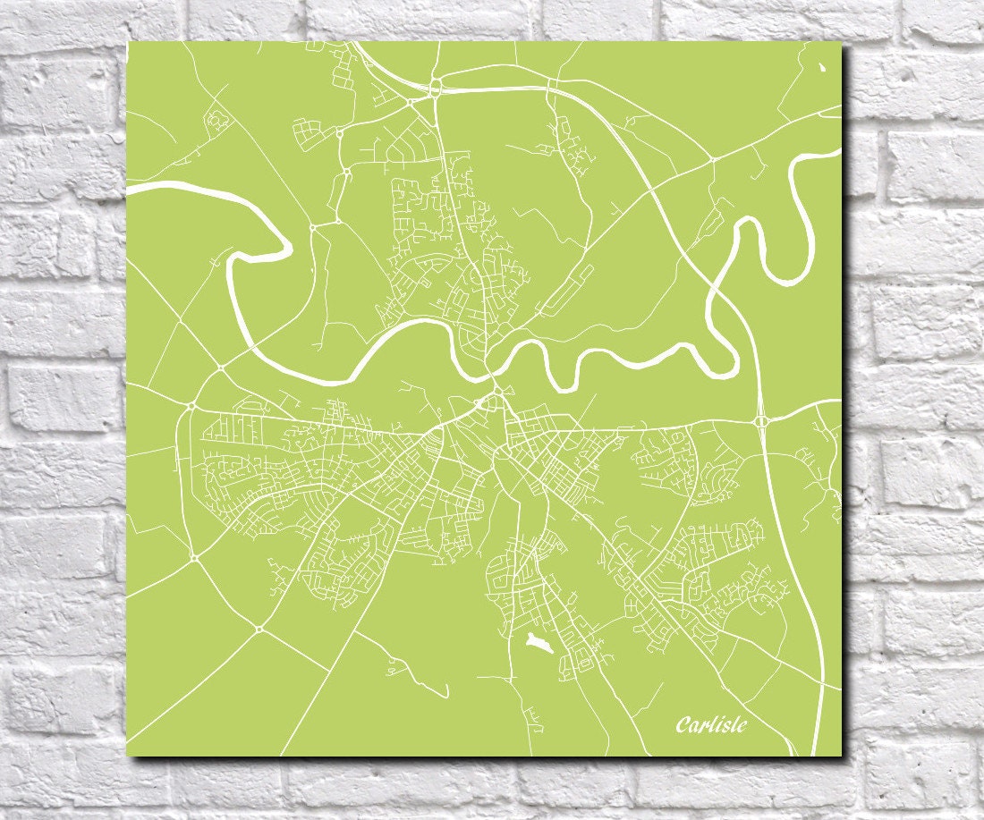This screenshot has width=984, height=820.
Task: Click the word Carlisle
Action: pyautogui.click(x=711, y=724)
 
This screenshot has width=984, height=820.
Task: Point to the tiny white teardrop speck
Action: pyautogui.click(x=823, y=67)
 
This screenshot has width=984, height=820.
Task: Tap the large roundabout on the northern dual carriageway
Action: pyautogui.click(x=436, y=87)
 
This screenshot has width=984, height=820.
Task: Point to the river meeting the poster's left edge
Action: pyautogui.click(x=131, y=189)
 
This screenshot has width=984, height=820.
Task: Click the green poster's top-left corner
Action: pyautogui.click(x=128, y=42)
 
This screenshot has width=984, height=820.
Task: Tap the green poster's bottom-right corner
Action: pyautogui.click(x=841, y=755)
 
